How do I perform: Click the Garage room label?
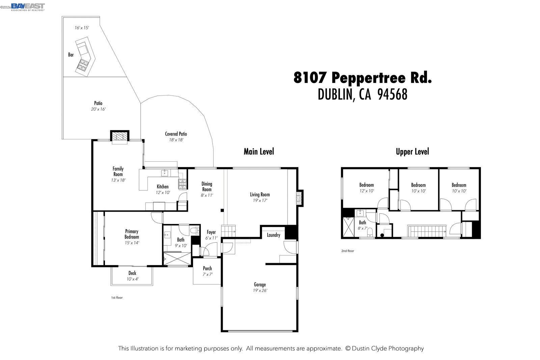(x=260, y=284)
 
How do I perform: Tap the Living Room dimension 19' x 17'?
(x=260, y=200)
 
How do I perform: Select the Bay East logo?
(x=28, y=7)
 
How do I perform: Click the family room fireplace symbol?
(x=119, y=137)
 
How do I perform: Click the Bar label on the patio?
(x=71, y=55)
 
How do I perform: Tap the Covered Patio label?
(x=176, y=134)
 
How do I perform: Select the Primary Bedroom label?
(x=132, y=234)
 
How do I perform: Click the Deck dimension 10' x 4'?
(x=132, y=279)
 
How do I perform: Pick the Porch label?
(x=207, y=269)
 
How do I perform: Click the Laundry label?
(x=273, y=235)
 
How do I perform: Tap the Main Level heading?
(x=259, y=151)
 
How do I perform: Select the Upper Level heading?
(x=412, y=151)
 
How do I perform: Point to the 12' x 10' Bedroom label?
(x=366, y=185)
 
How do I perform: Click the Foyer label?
(x=211, y=232)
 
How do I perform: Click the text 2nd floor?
(x=348, y=251)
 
